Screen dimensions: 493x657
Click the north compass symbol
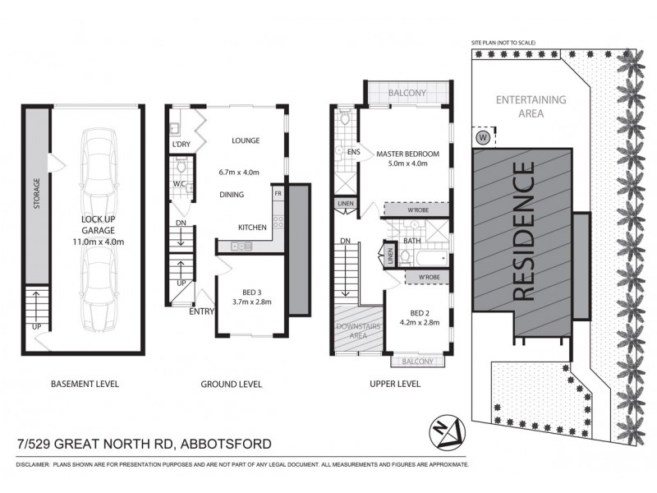[448, 430]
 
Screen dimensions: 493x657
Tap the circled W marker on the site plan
[483, 136]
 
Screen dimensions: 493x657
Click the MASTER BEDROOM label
[408, 154]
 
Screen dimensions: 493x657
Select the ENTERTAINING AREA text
[531, 107]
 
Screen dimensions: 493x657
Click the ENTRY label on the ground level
[202, 311]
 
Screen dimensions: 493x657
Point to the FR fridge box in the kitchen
[279, 193]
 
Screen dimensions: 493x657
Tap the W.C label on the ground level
[178, 184]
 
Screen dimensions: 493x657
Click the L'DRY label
[181, 145]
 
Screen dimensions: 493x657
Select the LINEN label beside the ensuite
[344, 204]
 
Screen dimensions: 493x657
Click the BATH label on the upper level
[411, 241]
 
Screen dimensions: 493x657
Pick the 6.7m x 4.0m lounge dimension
[239, 172]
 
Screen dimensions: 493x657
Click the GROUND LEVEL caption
[232, 384]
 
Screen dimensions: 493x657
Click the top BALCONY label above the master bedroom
[407, 93]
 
